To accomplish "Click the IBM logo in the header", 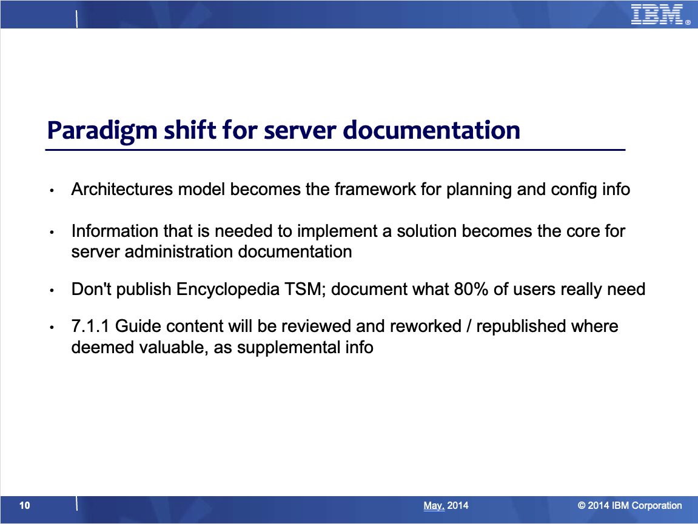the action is tap(657, 14).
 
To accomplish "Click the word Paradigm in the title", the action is tap(102, 130).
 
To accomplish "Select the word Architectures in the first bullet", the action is tap(122, 190).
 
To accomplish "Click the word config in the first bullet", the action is tap(574, 190).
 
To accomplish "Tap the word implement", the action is tap(337, 232).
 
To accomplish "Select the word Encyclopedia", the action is tap(228, 290).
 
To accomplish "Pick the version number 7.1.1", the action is tap(90, 326).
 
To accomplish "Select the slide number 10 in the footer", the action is tap(24, 505).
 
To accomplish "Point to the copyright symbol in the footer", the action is tap(582, 505).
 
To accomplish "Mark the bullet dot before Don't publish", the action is tap(52, 290).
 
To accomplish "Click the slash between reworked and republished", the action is tap(469, 327).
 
